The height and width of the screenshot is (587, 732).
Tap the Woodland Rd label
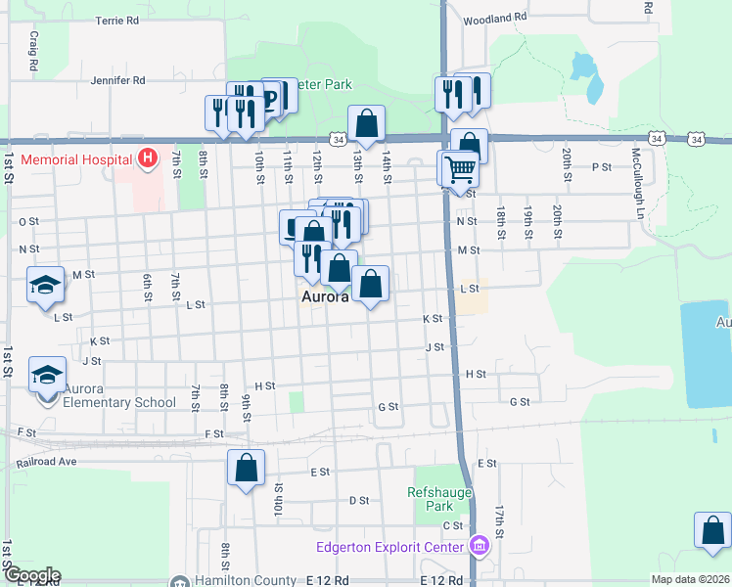tap(495, 19)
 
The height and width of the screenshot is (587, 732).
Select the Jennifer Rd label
tap(117, 80)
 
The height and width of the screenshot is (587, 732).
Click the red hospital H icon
tap(148, 157)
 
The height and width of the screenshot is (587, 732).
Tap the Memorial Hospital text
tap(75, 159)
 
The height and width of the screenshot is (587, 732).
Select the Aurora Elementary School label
tap(119, 402)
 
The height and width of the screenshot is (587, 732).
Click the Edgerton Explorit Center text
tap(391, 548)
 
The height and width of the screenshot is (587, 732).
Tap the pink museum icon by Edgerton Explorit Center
tap(479, 546)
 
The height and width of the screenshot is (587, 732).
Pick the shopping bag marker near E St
tap(246, 467)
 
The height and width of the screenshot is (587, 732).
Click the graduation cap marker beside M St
tap(46, 285)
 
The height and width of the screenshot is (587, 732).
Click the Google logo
tap(31, 576)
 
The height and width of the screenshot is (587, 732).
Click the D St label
tap(358, 500)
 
